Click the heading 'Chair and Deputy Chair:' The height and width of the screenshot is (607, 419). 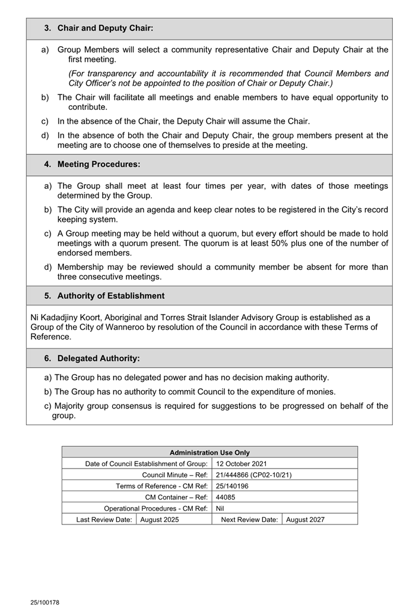pyautogui.click(x=105, y=28)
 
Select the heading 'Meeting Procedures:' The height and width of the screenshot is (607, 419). pyautogui.click(x=99, y=164)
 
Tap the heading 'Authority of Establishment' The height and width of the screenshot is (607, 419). pyautogui.click(x=111, y=296)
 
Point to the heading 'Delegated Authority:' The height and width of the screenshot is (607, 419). pyautogui.click(x=99, y=358)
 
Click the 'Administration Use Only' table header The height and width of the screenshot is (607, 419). pyautogui.click(x=209, y=453)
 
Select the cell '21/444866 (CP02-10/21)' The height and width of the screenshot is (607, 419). pyautogui.click(x=253, y=475)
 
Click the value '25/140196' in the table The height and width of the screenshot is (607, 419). pyautogui.click(x=232, y=486)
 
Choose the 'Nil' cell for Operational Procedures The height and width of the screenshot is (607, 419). pyautogui.click(x=220, y=508)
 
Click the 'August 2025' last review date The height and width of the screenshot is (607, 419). pyautogui.click(x=160, y=520)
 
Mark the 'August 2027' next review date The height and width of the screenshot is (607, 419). pyautogui.click(x=305, y=520)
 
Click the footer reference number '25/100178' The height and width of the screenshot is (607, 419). pyautogui.click(x=45, y=602)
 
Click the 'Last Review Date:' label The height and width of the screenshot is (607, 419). pyautogui.click(x=104, y=520)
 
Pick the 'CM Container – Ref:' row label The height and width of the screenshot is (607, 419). pyautogui.click(x=176, y=497)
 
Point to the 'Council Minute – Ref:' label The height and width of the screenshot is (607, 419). pyautogui.click(x=174, y=475)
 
